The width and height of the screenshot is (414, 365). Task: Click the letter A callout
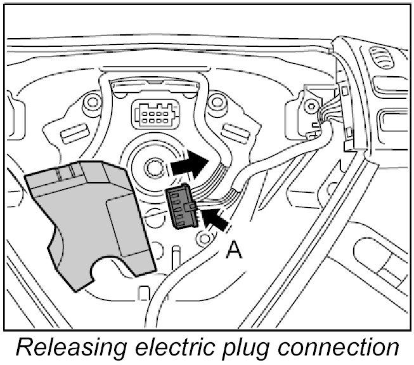click(235, 252)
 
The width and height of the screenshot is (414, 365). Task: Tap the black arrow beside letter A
click(215, 221)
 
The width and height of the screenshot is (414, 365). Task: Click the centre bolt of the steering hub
click(153, 167)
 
